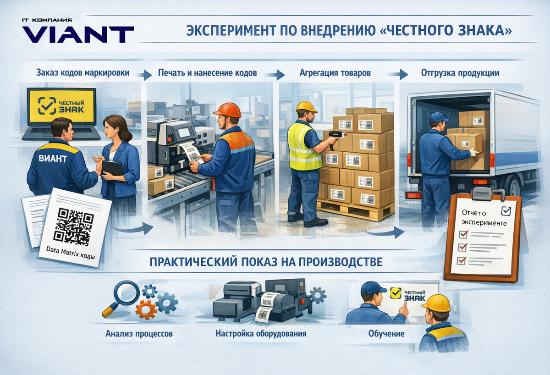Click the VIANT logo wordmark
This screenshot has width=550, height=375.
[x=78, y=34]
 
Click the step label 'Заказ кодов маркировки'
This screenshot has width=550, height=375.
[x=83, y=73]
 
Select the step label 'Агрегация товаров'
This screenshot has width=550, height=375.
[x=335, y=73]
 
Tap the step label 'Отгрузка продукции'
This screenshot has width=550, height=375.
[x=460, y=73]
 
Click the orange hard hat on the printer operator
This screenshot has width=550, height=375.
[x=227, y=110]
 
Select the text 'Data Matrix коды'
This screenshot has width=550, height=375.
[x=71, y=253]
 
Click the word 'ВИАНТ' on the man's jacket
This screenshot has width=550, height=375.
[x=53, y=159]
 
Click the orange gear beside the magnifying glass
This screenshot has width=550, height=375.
[x=146, y=309]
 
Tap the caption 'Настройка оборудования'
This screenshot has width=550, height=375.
[x=261, y=333]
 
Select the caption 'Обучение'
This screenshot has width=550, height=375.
[x=386, y=333]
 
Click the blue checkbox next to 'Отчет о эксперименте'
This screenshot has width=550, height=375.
[x=506, y=211]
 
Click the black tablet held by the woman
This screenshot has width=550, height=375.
[x=112, y=168]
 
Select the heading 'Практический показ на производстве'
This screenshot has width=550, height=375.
[x=266, y=262]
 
